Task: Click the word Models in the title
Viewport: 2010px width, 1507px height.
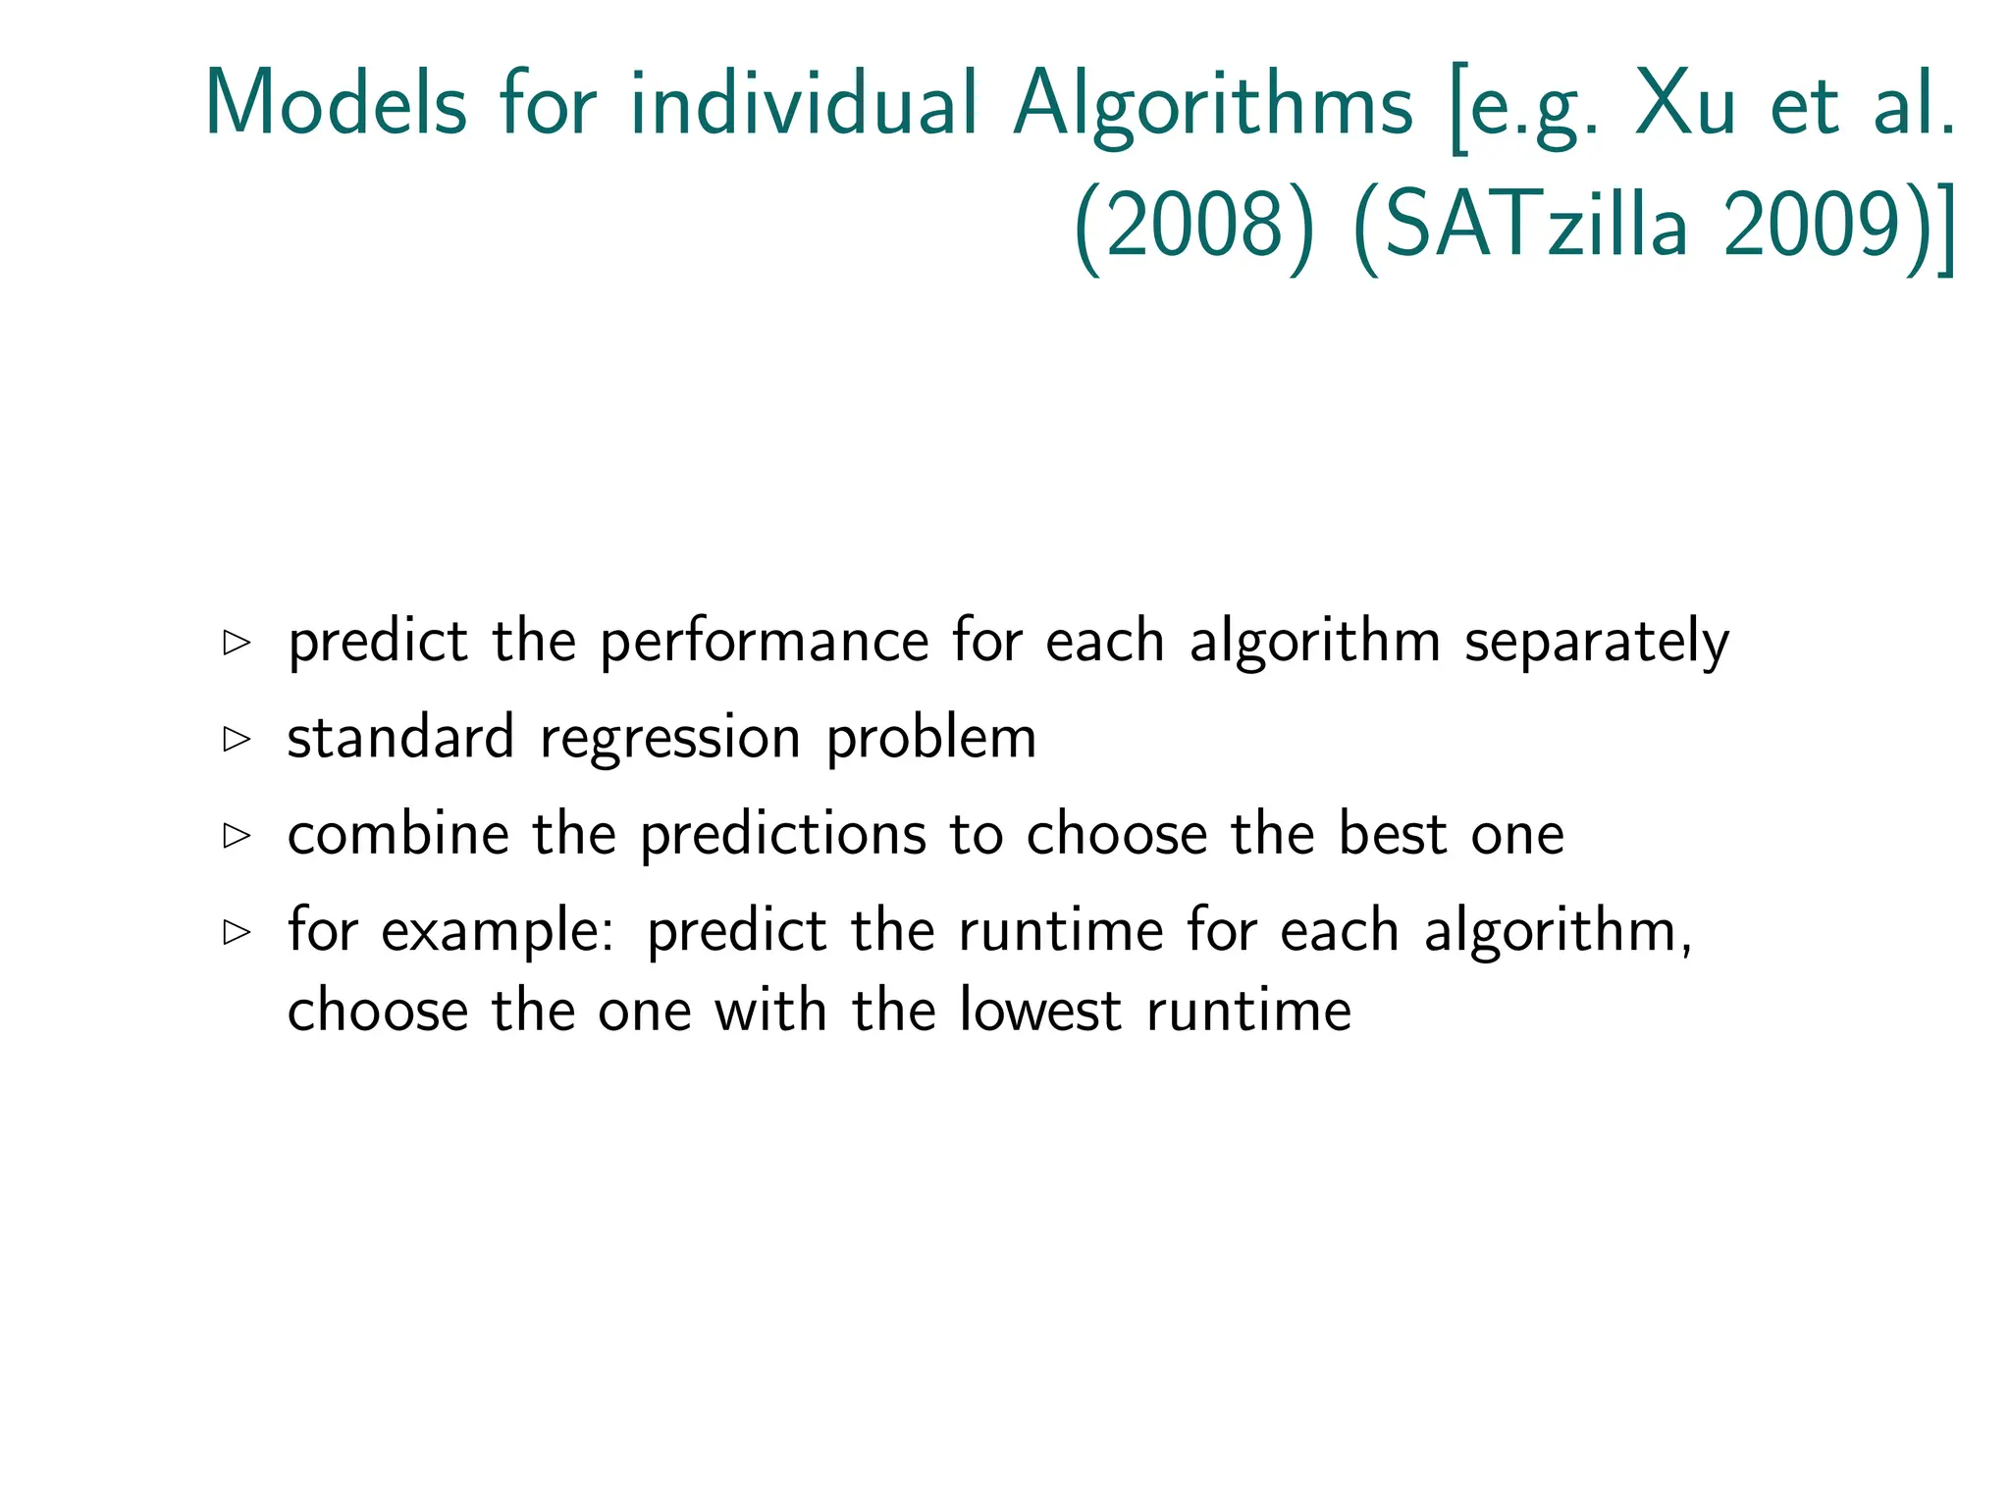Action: pyautogui.click(x=335, y=104)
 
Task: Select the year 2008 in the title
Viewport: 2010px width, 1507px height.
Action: pyautogui.click(x=1194, y=227)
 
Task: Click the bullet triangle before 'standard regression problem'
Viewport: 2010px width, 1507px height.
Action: pyautogui.click(x=237, y=739)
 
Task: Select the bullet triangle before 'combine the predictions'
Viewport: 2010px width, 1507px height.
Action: pyautogui.click(x=237, y=835)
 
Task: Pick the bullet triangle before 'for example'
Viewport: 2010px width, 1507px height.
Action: pyautogui.click(x=237, y=931)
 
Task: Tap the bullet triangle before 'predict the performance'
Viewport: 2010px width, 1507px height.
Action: pyautogui.click(x=237, y=643)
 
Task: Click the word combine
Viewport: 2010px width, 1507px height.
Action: pyautogui.click(x=398, y=835)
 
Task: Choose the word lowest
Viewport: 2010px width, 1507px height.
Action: pyautogui.click(x=1039, y=1011)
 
